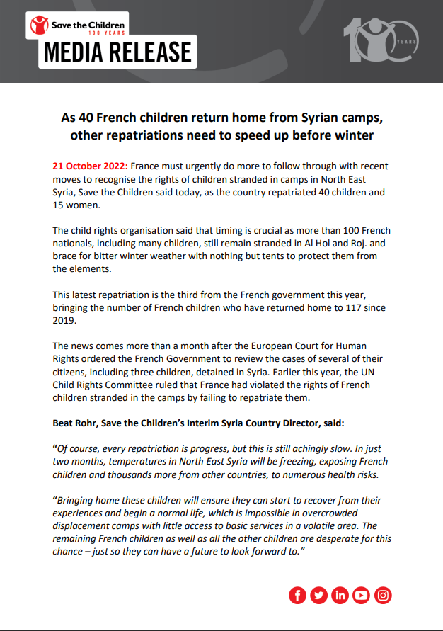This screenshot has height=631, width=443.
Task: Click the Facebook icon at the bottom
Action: [298, 596]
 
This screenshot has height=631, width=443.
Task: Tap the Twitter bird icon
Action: [319, 596]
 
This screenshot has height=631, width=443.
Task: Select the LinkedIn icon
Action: [340, 596]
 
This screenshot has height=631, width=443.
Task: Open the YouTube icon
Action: [362, 596]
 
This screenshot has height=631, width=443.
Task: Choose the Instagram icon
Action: [383, 596]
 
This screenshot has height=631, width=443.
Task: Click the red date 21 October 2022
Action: [89, 166]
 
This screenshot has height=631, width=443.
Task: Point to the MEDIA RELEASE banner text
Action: [117, 52]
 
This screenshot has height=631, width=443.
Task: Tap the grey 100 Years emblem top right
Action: [375, 40]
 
